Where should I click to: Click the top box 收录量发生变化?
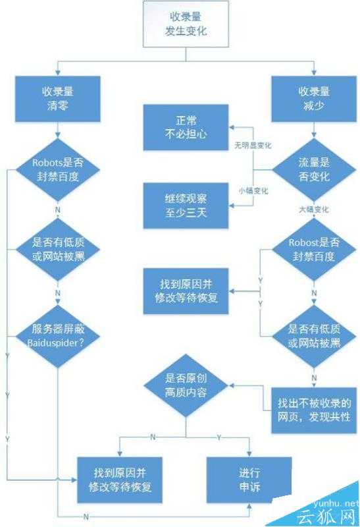[186, 24]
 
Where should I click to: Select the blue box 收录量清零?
[59, 96]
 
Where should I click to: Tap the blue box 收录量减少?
[313, 96]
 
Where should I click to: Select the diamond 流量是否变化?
[313, 169]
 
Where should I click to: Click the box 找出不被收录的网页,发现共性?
[313, 408]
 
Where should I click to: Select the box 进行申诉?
[250, 480]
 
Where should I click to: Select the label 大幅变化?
[313, 209]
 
